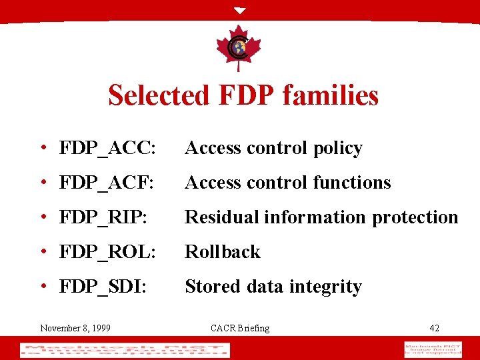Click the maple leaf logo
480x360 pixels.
[239, 48]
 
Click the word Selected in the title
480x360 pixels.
[158, 95]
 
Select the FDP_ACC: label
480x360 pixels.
[107, 148]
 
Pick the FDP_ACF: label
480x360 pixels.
[107, 183]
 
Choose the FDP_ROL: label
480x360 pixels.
[107, 252]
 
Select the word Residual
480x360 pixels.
[222, 217]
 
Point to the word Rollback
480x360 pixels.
[223, 252]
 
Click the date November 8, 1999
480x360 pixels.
[75, 327]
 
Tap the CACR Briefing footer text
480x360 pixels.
[240, 327]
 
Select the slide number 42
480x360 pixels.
[434, 327]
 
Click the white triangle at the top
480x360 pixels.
[240, 11]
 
